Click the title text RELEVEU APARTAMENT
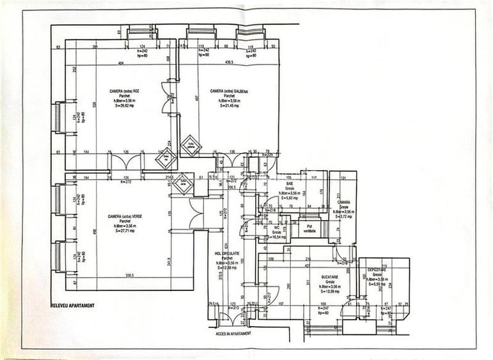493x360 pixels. click(72, 306)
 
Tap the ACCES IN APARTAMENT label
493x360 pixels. click(233, 333)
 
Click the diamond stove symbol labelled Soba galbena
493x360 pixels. click(191, 145)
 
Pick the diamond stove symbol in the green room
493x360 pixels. click(182, 182)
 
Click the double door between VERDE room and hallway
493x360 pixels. click(196, 213)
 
